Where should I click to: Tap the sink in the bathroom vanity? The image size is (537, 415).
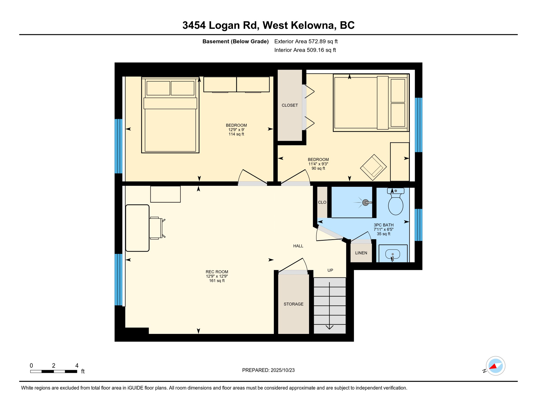pyautogui.click(x=392, y=254)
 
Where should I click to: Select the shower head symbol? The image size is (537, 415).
pyautogui.click(x=366, y=202)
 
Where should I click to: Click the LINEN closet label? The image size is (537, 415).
pyautogui.click(x=361, y=253)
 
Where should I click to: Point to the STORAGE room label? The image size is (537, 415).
pyautogui.click(x=293, y=304)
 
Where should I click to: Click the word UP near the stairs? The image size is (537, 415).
pyautogui.click(x=330, y=270)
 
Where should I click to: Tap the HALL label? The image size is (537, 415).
pyautogui.click(x=298, y=246)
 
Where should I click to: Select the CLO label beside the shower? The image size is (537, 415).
pyautogui.click(x=322, y=202)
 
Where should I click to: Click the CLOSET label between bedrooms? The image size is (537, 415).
pyautogui.click(x=290, y=105)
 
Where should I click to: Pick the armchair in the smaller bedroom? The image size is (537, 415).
pyautogui.click(x=373, y=167)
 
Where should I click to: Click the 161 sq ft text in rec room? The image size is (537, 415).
pyautogui.click(x=217, y=281)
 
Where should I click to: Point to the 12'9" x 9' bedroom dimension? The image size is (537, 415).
pyautogui.click(x=236, y=130)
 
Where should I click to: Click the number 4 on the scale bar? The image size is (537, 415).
pyautogui.click(x=77, y=366)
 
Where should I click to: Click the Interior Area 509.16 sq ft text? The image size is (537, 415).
pyautogui.click(x=305, y=50)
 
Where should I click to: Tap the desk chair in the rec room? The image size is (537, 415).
pyautogui.click(x=156, y=228)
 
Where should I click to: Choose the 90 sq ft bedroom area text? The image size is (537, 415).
pyautogui.click(x=318, y=168)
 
